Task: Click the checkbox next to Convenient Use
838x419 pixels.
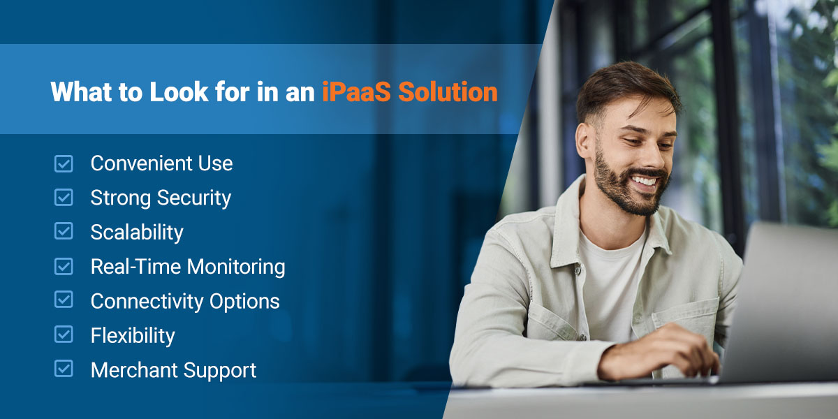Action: coord(64,164)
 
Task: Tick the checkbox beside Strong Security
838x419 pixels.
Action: coord(64,198)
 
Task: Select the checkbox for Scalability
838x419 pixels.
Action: coord(64,231)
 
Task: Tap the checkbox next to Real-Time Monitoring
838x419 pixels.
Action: coord(64,266)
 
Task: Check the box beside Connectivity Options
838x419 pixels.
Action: coord(64,300)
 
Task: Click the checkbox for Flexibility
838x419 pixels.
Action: coord(64,335)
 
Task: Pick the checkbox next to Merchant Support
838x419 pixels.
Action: coord(64,369)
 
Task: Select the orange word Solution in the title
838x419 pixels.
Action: coord(448,91)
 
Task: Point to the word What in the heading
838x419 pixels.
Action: coord(81,91)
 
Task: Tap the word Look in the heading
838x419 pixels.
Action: coord(179,91)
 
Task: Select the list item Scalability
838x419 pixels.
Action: coord(137,233)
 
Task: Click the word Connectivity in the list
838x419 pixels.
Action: coord(146,302)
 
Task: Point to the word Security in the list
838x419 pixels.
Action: coord(194,198)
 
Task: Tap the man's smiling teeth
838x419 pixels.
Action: coord(644,182)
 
